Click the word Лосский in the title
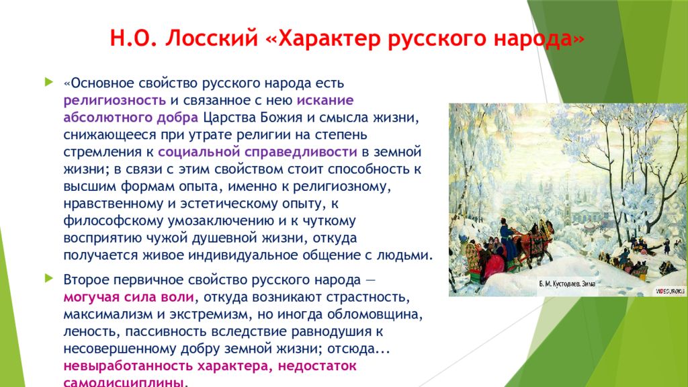212,38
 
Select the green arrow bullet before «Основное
48,81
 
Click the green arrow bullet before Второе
48,278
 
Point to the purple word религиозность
114,101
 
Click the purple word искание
325,100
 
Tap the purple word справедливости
300,153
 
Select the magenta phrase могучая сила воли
128,297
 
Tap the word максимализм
102,314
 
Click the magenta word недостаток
317,366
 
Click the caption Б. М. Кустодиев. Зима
567,284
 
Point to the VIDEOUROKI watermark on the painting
670,291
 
